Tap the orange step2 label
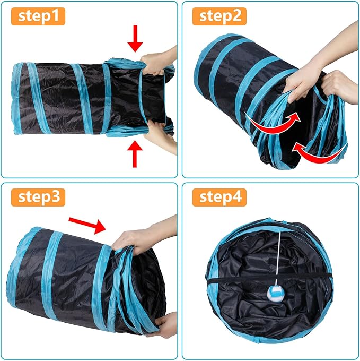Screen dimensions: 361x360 [220, 16]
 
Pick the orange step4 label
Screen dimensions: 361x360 [220, 197]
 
